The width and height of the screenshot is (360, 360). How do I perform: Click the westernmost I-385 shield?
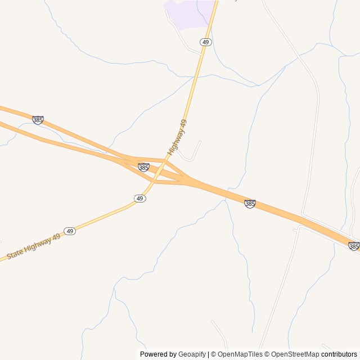click(38, 120)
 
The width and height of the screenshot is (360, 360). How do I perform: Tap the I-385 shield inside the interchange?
click(143, 167)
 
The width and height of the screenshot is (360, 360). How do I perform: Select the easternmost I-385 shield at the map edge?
click(354, 246)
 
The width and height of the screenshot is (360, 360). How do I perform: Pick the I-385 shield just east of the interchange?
click(250, 204)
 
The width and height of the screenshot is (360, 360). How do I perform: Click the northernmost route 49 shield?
click(206, 42)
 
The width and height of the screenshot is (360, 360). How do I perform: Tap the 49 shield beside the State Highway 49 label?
click(70, 231)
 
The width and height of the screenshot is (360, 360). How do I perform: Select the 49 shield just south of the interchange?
click(140, 199)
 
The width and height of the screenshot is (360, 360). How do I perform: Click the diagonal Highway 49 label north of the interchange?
click(177, 137)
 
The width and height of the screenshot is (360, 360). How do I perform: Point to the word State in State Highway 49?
click(16, 253)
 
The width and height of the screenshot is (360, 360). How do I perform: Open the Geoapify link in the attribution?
click(192, 354)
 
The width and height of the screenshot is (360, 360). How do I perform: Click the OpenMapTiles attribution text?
click(240, 354)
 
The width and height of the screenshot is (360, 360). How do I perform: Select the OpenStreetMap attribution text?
click(295, 354)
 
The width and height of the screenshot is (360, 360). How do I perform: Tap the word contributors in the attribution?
click(339, 354)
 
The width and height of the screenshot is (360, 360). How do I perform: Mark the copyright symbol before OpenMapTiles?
click(214, 354)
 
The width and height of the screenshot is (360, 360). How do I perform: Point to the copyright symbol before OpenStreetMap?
click(267, 354)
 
